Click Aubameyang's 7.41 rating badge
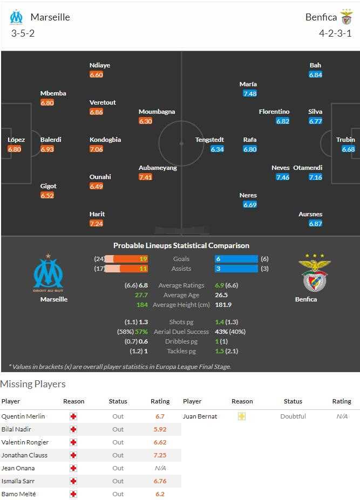(145, 177)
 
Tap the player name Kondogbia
(105, 140)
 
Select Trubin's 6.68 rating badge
(348, 149)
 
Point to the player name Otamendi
(315, 168)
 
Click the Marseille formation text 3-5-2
(23, 33)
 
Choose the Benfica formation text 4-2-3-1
(335, 33)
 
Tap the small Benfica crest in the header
(347, 17)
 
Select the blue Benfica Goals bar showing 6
(236, 259)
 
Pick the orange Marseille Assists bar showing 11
(126, 269)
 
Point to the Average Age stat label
(181, 295)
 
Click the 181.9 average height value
(223, 305)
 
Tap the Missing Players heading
(33, 384)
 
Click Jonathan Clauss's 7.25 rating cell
(160, 455)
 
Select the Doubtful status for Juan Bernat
(293, 416)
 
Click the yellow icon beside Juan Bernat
(242, 416)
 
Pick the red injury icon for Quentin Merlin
(73, 416)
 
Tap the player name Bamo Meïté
(20, 494)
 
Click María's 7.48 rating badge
(249, 93)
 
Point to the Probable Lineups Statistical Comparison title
(181, 245)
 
